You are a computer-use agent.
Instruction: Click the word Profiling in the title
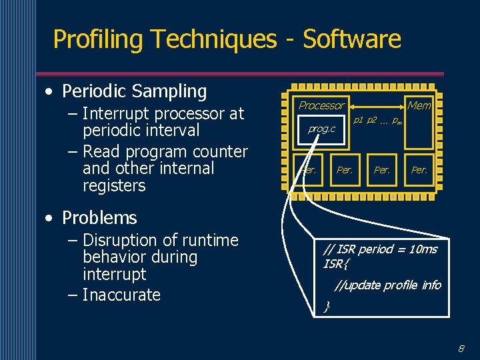97,39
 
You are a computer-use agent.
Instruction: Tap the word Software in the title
352,39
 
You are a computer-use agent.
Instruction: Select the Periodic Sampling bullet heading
134,91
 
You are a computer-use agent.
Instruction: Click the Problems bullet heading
99,218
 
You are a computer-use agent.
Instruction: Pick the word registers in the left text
114,186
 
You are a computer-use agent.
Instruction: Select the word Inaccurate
121,295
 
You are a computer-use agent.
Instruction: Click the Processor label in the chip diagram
321,105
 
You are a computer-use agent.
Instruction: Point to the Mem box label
419,105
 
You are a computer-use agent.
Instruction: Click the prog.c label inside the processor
321,129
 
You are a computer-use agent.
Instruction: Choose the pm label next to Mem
397,121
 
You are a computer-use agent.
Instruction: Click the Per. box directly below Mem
419,170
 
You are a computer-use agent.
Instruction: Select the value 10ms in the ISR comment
423,249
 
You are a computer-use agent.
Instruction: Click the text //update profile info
387,285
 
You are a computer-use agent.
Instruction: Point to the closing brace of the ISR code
327,307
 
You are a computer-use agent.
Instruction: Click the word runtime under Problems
209,240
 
